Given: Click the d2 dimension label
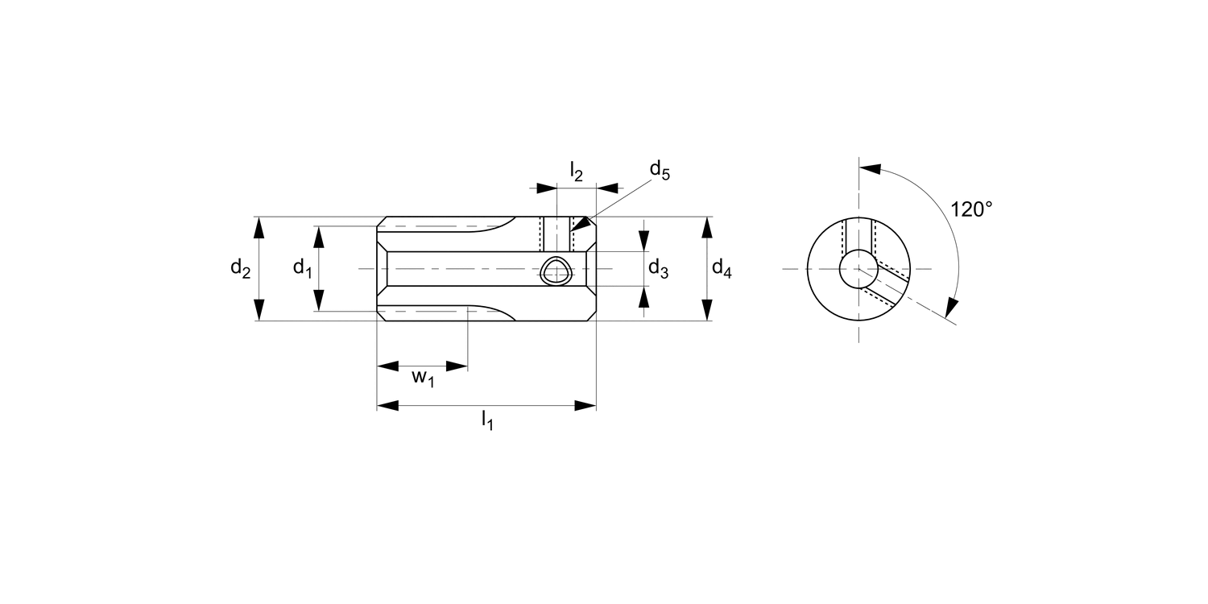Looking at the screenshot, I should pyautogui.click(x=240, y=268).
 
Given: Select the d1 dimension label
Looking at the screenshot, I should pyautogui.click(x=302, y=268).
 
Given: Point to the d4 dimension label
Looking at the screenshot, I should pyautogui.click(x=722, y=270).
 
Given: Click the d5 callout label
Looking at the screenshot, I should pyautogui.click(x=660, y=170).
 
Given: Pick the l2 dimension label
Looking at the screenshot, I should pyautogui.click(x=577, y=171).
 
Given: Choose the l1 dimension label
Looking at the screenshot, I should pyautogui.click(x=486, y=420).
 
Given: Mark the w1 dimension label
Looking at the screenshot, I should pyautogui.click(x=423, y=377).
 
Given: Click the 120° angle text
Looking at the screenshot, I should pyautogui.click(x=971, y=209).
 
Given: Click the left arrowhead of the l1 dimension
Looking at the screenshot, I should pyautogui.click(x=387, y=405).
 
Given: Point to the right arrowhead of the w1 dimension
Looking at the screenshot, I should pyautogui.click(x=457, y=366).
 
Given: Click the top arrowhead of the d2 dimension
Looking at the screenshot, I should pyautogui.click(x=259, y=228).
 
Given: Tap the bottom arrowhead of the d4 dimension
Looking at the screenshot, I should pyautogui.click(x=707, y=309).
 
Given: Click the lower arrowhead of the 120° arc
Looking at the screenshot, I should pyautogui.click(x=952, y=307).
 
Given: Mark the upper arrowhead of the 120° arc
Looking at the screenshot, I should pyautogui.click(x=870, y=169).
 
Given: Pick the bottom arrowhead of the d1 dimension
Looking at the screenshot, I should pyautogui.click(x=319, y=300).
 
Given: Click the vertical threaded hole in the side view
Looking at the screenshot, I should pyautogui.click(x=556, y=234).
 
